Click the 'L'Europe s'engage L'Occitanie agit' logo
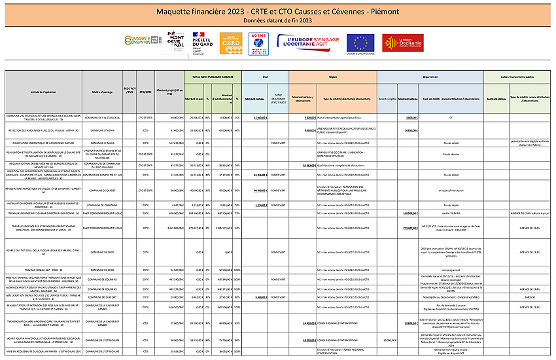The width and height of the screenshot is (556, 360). click(x=308, y=41)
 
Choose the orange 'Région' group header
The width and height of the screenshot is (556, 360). click(x=332, y=77)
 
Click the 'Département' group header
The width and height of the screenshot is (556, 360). click(x=429, y=77)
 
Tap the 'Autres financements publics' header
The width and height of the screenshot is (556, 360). click(x=519, y=77)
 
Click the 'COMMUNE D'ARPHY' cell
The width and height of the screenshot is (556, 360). click(x=104, y=131)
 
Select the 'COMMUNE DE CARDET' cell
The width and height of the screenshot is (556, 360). click(x=104, y=190)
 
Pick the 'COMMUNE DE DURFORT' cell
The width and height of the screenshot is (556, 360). click(x=104, y=296)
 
